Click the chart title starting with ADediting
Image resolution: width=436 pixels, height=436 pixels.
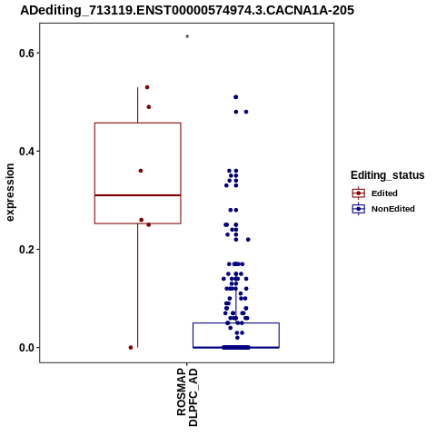[x=187, y=10]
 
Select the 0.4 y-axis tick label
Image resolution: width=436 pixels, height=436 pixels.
[x=25, y=151]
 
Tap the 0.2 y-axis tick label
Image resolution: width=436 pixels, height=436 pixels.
[x=25, y=250]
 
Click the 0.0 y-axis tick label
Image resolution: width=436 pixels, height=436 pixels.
[x=25, y=348]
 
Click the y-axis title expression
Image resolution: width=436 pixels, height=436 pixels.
[x=10, y=193]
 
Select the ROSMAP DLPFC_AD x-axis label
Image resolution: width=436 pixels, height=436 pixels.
[x=187, y=397]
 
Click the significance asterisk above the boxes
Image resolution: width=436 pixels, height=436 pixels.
[x=187, y=37]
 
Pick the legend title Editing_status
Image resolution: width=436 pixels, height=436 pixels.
[x=388, y=175]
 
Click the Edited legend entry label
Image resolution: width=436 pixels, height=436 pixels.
[x=384, y=193]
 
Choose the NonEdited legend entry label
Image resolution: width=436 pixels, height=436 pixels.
[x=393, y=209]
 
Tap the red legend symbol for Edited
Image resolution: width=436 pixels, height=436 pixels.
[x=359, y=193]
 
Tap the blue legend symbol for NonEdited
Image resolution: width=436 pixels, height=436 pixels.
[x=359, y=209]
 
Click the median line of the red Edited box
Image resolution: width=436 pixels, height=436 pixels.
[x=138, y=195]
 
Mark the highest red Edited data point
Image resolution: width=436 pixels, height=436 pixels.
[x=147, y=87]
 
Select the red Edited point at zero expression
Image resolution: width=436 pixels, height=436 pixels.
[x=131, y=348]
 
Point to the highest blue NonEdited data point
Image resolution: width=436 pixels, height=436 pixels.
[x=236, y=97]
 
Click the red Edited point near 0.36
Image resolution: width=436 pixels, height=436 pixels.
[x=141, y=171]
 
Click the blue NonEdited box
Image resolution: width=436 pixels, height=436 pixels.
[x=236, y=323]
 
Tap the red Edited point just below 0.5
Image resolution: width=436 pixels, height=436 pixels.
[x=149, y=107]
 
